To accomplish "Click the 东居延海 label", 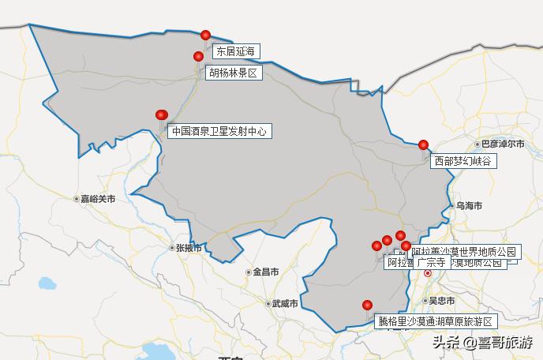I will (x=236, y=52).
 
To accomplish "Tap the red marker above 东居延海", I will (x=206, y=35).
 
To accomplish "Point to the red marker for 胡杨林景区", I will (x=199, y=56).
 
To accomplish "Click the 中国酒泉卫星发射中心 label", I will (x=220, y=131).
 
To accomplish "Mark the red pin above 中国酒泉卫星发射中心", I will (x=162, y=114).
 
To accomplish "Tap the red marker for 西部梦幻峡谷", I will (x=424, y=144).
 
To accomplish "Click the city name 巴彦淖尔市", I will (x=503, y=144).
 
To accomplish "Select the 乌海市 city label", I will (x=468, y=205).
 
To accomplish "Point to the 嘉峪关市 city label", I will (x=97, y=199).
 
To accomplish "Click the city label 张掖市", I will (x=188, y=248).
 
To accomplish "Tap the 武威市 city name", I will (x=283, y=303).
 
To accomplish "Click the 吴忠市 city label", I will (x=441, y=301).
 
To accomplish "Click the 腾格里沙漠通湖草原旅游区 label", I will (x=435, y=322).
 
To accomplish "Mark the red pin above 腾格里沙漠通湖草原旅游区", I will (x=367, y=306).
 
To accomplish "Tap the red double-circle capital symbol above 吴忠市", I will (x=428, y=273).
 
